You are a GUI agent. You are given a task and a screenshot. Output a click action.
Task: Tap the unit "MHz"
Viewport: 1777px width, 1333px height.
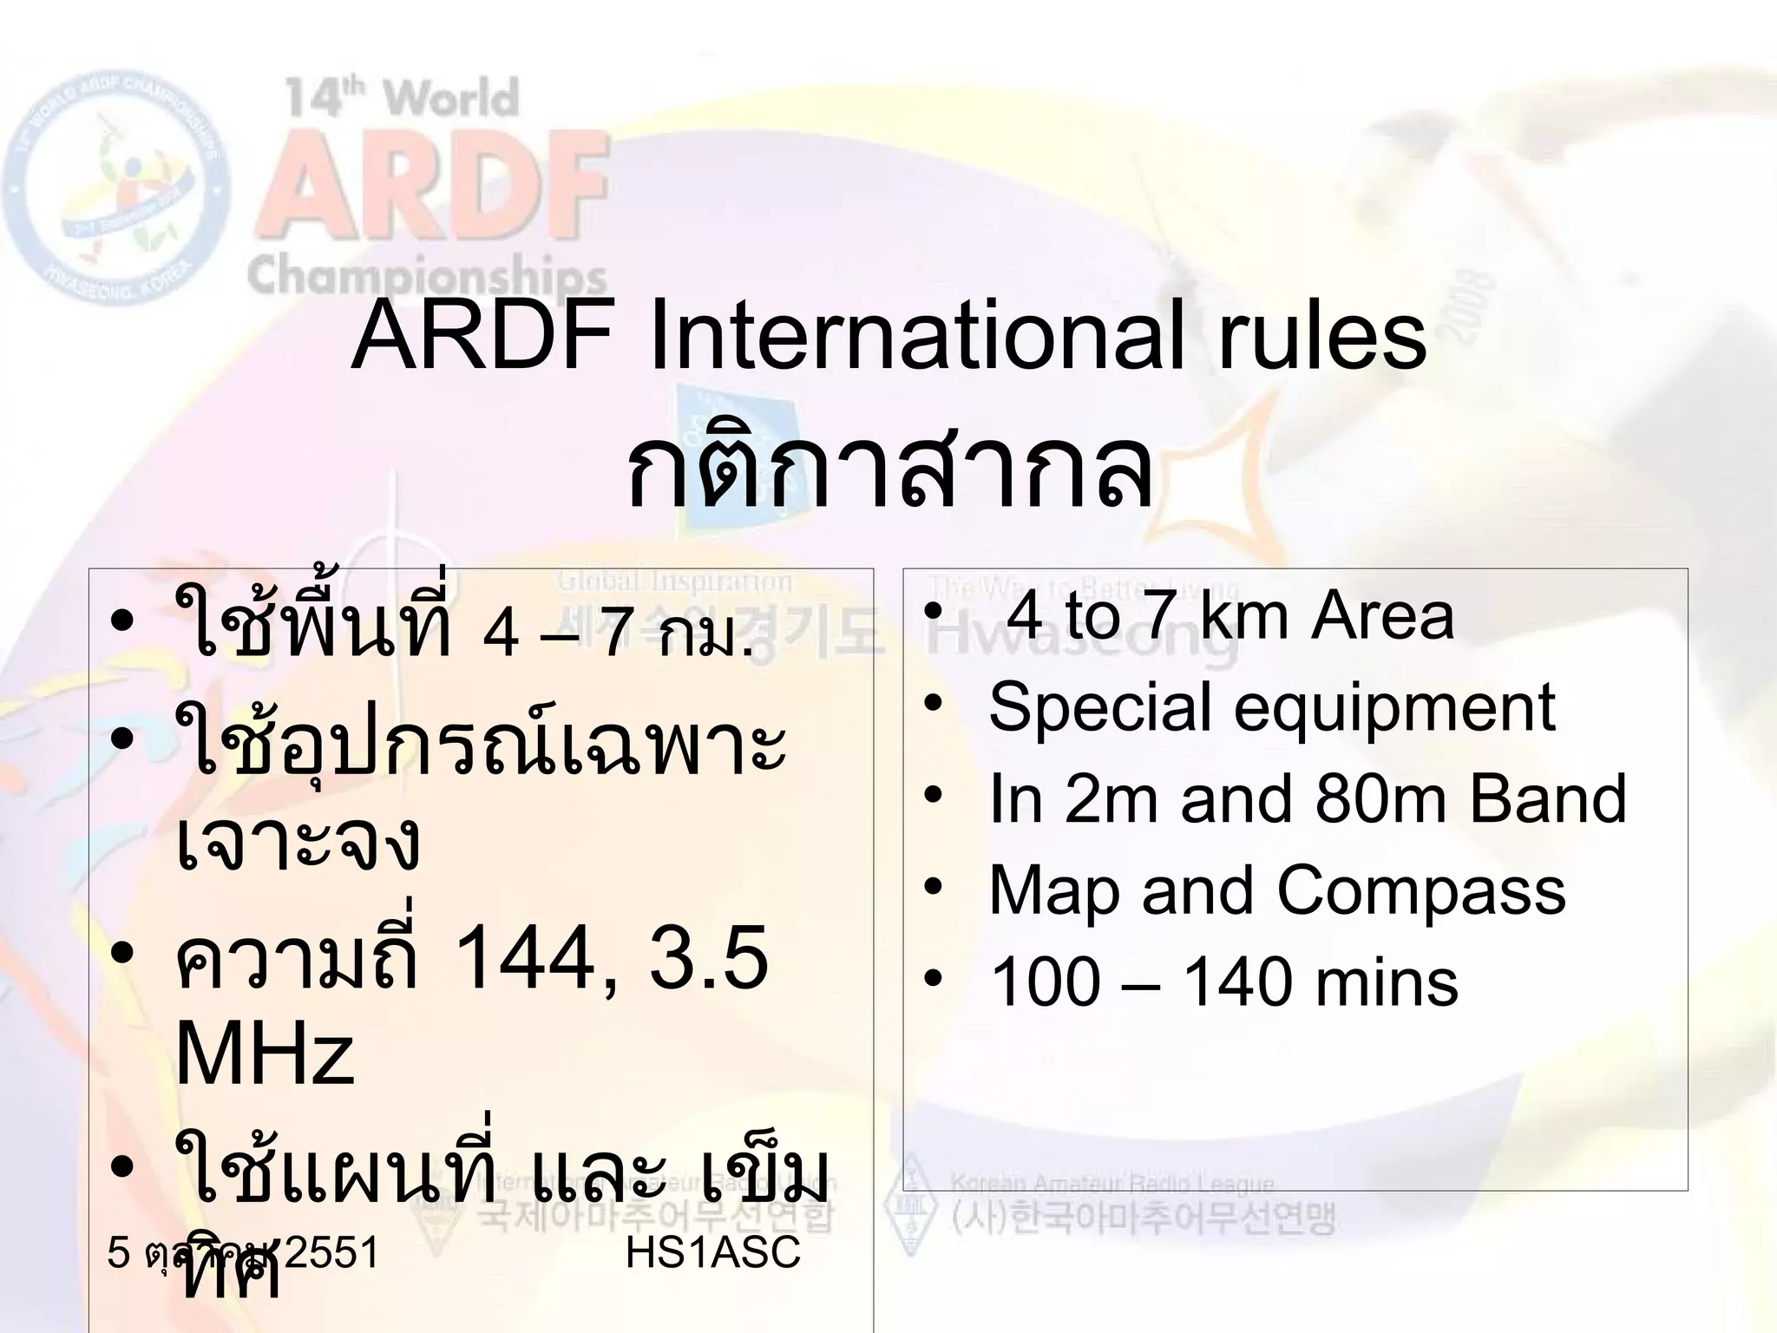click(265, 1054)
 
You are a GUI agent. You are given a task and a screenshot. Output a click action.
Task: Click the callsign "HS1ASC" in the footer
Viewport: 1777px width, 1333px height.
click(712, 1253)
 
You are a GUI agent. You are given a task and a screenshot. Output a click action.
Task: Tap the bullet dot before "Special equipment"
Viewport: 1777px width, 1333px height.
click(933, 705)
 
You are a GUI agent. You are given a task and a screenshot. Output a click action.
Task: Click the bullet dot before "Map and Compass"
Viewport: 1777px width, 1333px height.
click(933, 888)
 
